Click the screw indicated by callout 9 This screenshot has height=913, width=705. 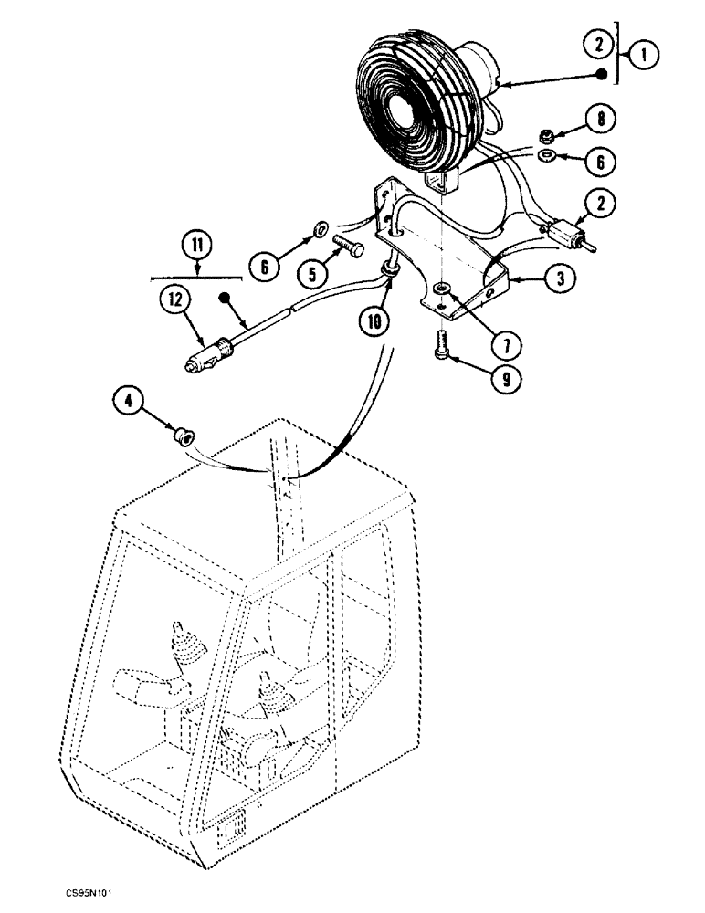point(441,368)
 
